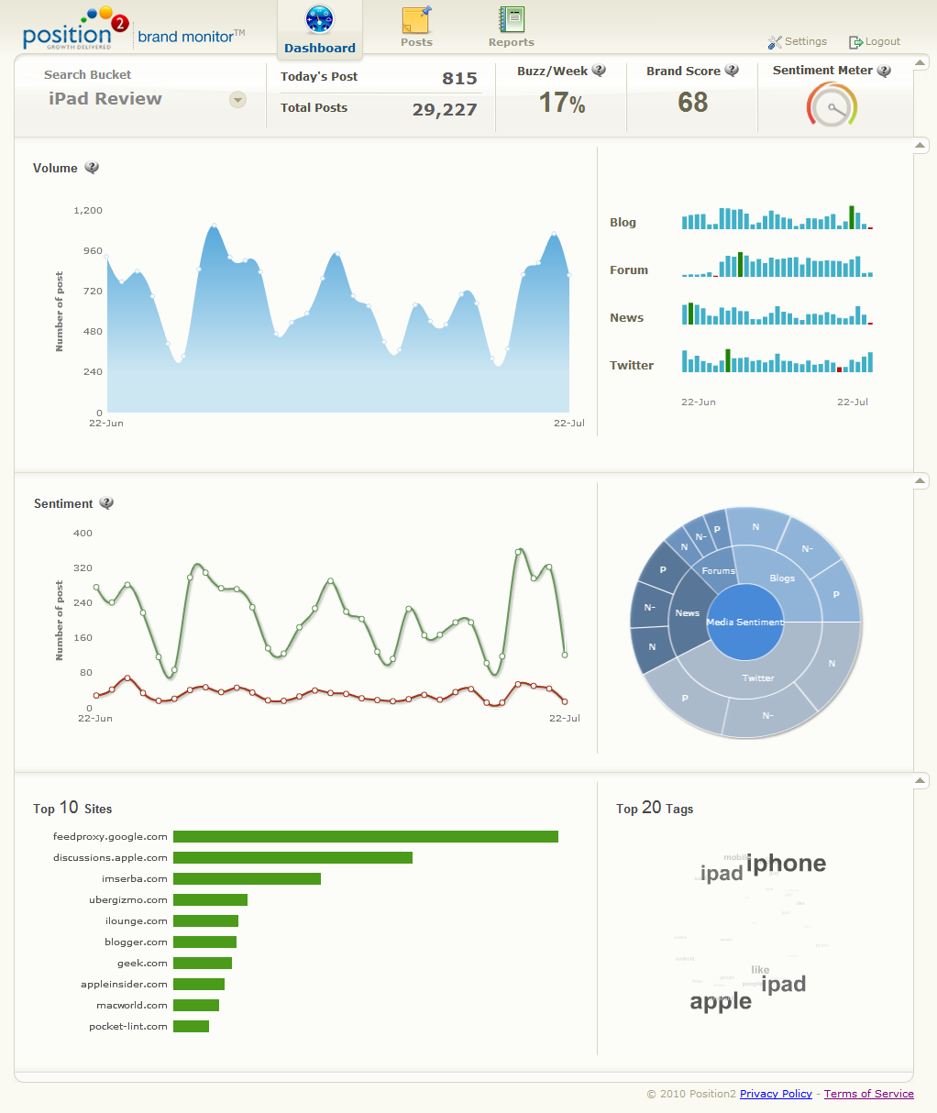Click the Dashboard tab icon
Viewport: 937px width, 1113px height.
320,20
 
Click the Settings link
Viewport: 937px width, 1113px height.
798,41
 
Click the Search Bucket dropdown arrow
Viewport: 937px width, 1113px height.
237,100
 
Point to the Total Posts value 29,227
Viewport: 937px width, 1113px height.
445,110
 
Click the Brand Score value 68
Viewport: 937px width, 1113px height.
693,103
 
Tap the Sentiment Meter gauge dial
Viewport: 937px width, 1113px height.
832,105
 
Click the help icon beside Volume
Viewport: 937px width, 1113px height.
92,168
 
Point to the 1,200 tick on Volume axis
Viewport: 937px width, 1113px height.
88,211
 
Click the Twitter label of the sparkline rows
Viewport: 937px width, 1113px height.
632,365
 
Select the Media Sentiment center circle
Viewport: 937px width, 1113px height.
745,622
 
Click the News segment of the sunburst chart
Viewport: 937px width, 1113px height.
688,612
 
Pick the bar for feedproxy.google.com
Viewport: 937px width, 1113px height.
365,836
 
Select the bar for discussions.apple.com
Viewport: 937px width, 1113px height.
292,857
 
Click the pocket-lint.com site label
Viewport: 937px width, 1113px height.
128,1027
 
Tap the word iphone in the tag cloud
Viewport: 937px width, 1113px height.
786,864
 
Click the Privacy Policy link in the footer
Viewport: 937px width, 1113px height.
776,1094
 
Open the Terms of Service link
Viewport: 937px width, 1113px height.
868,1094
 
